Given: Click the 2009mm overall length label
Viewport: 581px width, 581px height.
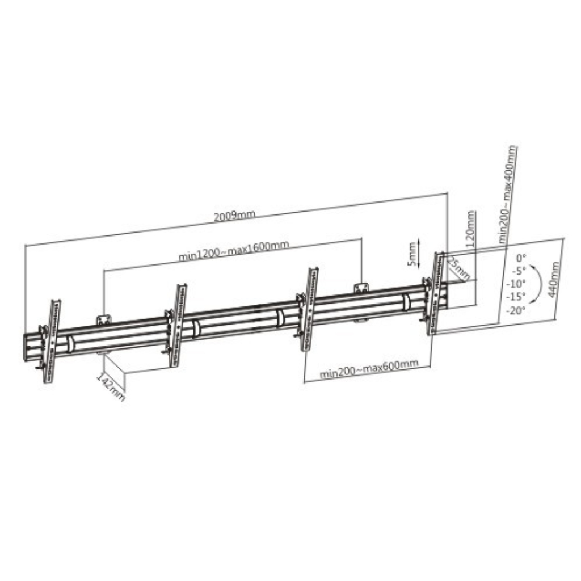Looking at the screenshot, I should click(234, 216).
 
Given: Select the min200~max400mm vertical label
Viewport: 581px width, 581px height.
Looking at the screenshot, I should click(508, 193).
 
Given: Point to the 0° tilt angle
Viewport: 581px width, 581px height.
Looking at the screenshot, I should click(521, 256).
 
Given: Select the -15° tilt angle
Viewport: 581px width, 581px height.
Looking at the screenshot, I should click(515, 297).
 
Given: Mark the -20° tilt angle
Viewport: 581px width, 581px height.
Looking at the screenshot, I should click(514, 310).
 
